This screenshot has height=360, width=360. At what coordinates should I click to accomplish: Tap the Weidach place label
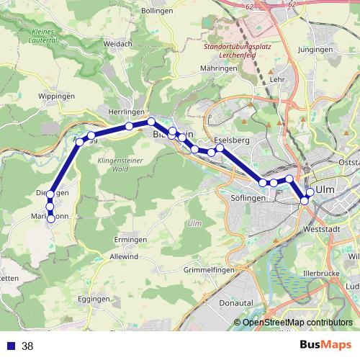[x=118, y=44]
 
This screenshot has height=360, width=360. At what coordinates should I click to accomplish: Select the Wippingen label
[x=56, y=96]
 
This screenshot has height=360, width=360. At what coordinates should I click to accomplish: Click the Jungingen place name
[x=315, y=50]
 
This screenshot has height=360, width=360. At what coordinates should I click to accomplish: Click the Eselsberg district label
[x=231, y=140]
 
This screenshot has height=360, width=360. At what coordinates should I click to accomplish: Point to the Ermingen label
[x=130, y=240]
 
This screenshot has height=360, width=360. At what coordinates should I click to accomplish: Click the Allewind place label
[x=124, y=256]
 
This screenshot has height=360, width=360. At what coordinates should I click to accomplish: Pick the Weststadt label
[x=321, y=229]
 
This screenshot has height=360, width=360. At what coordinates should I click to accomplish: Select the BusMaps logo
[x=325, y=345]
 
